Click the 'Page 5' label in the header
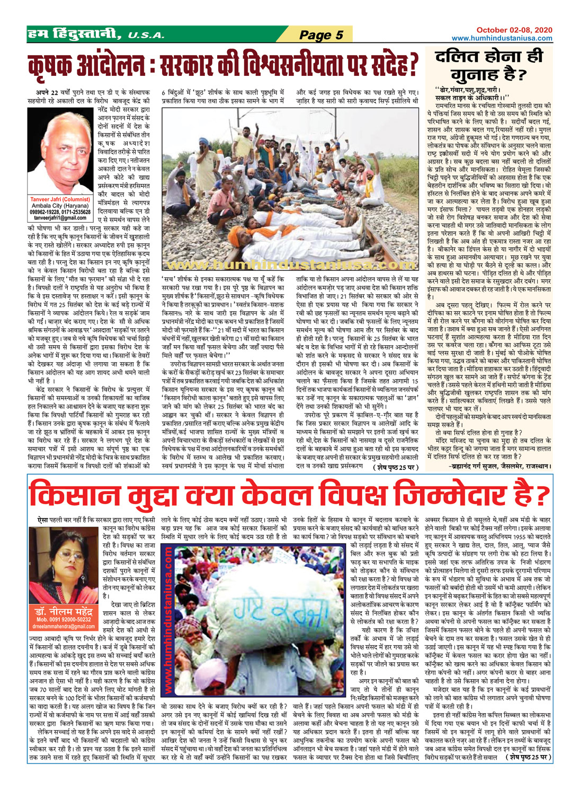[321, 35]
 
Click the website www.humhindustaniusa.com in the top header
[502, 38]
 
